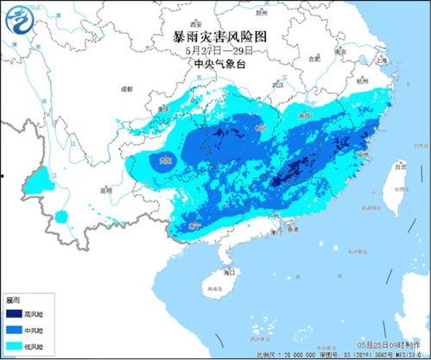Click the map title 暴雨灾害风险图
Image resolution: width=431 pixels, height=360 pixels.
point(215,36)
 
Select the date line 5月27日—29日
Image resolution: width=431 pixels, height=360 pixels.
point(215,50)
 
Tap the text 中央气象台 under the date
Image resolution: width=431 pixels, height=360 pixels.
point(215,63)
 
